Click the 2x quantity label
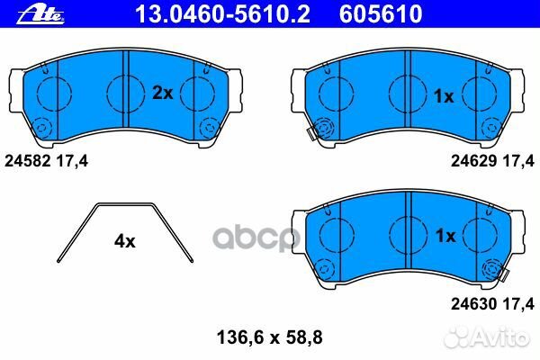(162, 93)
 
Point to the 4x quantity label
(124, 241)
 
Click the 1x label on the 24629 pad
(444, 96)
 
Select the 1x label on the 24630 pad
(444, 237)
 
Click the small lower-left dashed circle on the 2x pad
(42, 126)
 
